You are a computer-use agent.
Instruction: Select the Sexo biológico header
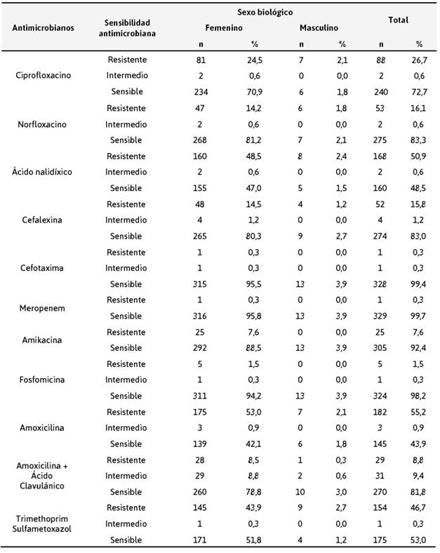264,13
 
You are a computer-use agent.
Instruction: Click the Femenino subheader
224,28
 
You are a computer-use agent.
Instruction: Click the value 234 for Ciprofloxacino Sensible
201,91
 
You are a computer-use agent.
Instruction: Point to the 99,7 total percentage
420,316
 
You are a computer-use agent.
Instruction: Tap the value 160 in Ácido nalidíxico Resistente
201,156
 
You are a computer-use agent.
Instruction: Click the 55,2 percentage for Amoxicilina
420,412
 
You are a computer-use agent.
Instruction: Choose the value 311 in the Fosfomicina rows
201,396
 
